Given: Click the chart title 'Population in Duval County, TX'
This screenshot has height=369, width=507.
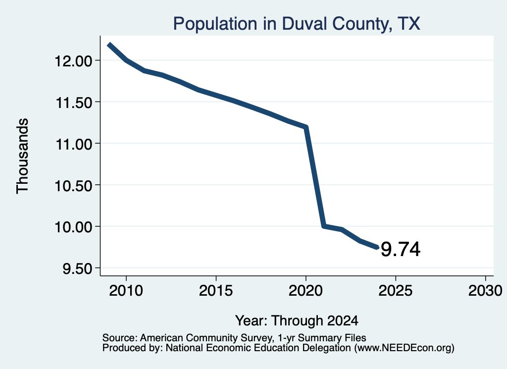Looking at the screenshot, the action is click(x=297, y=24).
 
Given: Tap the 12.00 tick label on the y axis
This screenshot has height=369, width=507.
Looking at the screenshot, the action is click(x=73, y=61).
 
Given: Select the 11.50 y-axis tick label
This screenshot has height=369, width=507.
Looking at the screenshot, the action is click(x=74, y=103).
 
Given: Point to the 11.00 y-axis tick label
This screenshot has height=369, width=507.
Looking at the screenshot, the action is click(x=74, y=144).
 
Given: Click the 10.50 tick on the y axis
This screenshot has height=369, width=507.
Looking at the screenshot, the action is click(x=73, y=186).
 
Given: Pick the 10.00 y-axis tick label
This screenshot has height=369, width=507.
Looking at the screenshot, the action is click(x=73, y=227).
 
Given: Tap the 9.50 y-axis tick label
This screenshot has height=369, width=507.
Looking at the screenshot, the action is click(x=77, y=268).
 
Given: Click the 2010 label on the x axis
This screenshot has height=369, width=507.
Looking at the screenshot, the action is click(x=126, y=290).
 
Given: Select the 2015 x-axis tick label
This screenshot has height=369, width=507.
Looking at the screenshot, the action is click(x=216, y=290).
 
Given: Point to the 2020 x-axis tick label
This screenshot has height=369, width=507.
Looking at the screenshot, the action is click(x=305, y=290).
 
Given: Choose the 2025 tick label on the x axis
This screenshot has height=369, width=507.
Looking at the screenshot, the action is click(x=396, y=290).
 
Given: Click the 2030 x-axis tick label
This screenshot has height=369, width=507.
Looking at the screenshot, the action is click(x=485, y=290).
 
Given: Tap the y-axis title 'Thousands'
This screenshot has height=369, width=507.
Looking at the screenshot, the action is click(x=23, y=156).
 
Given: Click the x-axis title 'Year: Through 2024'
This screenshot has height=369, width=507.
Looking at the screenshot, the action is click(x=297, y=320).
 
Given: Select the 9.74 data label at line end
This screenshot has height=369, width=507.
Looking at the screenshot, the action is click(x=401, y=249).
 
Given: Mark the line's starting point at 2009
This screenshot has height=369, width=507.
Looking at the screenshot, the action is click(x=109, y=45).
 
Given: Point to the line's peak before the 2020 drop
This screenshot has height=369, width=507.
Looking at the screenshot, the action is click(x=305, y=127).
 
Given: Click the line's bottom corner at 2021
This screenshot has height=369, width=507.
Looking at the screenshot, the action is click(x=324, y=226).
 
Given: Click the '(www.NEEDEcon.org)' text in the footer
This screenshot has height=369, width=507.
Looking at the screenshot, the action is click(x=404, y=348).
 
